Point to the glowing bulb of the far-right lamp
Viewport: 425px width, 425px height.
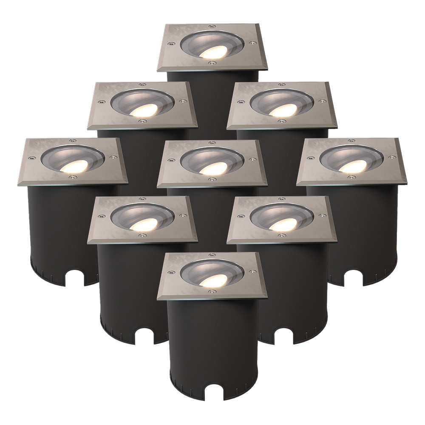[x=348, y=167]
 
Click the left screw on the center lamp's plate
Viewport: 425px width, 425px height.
[x=171, y=161]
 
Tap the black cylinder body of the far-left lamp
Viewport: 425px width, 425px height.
[x=59, y=229]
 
